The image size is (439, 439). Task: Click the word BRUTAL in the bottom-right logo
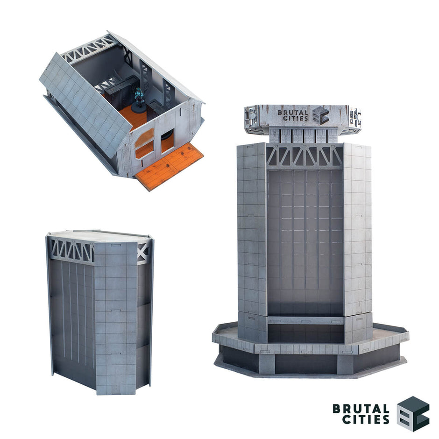(361, 408)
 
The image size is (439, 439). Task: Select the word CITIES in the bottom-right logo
(365, 419)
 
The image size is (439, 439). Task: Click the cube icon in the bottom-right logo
(412, 413)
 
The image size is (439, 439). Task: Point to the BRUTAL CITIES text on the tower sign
(293, 115)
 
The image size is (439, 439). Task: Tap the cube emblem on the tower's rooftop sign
(320, 115)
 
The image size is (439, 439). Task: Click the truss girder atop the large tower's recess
(304, 156)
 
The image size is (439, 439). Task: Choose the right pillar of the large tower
(357, 234)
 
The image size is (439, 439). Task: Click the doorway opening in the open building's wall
(167, 142)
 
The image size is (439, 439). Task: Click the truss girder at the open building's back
(89, 49)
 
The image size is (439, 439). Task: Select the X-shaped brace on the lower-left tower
(144, 252)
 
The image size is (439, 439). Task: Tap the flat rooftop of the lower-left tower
(98, 236)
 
